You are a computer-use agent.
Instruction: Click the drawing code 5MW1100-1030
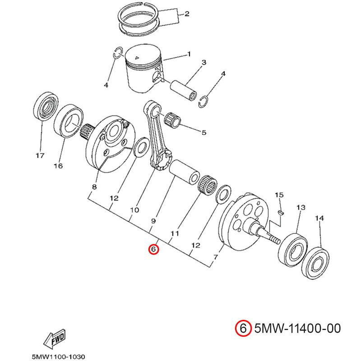coord(57,355)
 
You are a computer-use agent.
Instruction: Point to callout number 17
coord(40,156)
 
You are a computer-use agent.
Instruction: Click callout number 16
coord(58,166)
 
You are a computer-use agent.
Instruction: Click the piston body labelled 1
coord(142,70)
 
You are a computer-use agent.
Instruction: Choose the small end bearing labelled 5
coord(173,120)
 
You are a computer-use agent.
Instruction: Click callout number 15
coord(279,195)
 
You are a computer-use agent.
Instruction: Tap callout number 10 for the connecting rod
coord(134,210)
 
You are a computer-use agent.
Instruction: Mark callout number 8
coord(94,187)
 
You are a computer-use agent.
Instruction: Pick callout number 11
coord(175,233)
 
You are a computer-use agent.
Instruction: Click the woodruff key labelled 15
coord(280,211)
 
